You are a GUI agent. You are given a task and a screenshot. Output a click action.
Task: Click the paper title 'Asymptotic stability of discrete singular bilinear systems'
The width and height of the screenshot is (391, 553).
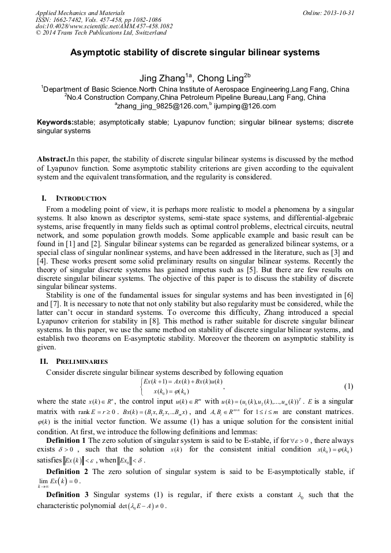pos(195,52)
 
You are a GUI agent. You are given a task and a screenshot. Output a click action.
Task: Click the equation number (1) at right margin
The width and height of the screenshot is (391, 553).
pos(348,385)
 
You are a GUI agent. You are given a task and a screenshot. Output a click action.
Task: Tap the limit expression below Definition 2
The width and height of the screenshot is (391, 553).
pos(59,483)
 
